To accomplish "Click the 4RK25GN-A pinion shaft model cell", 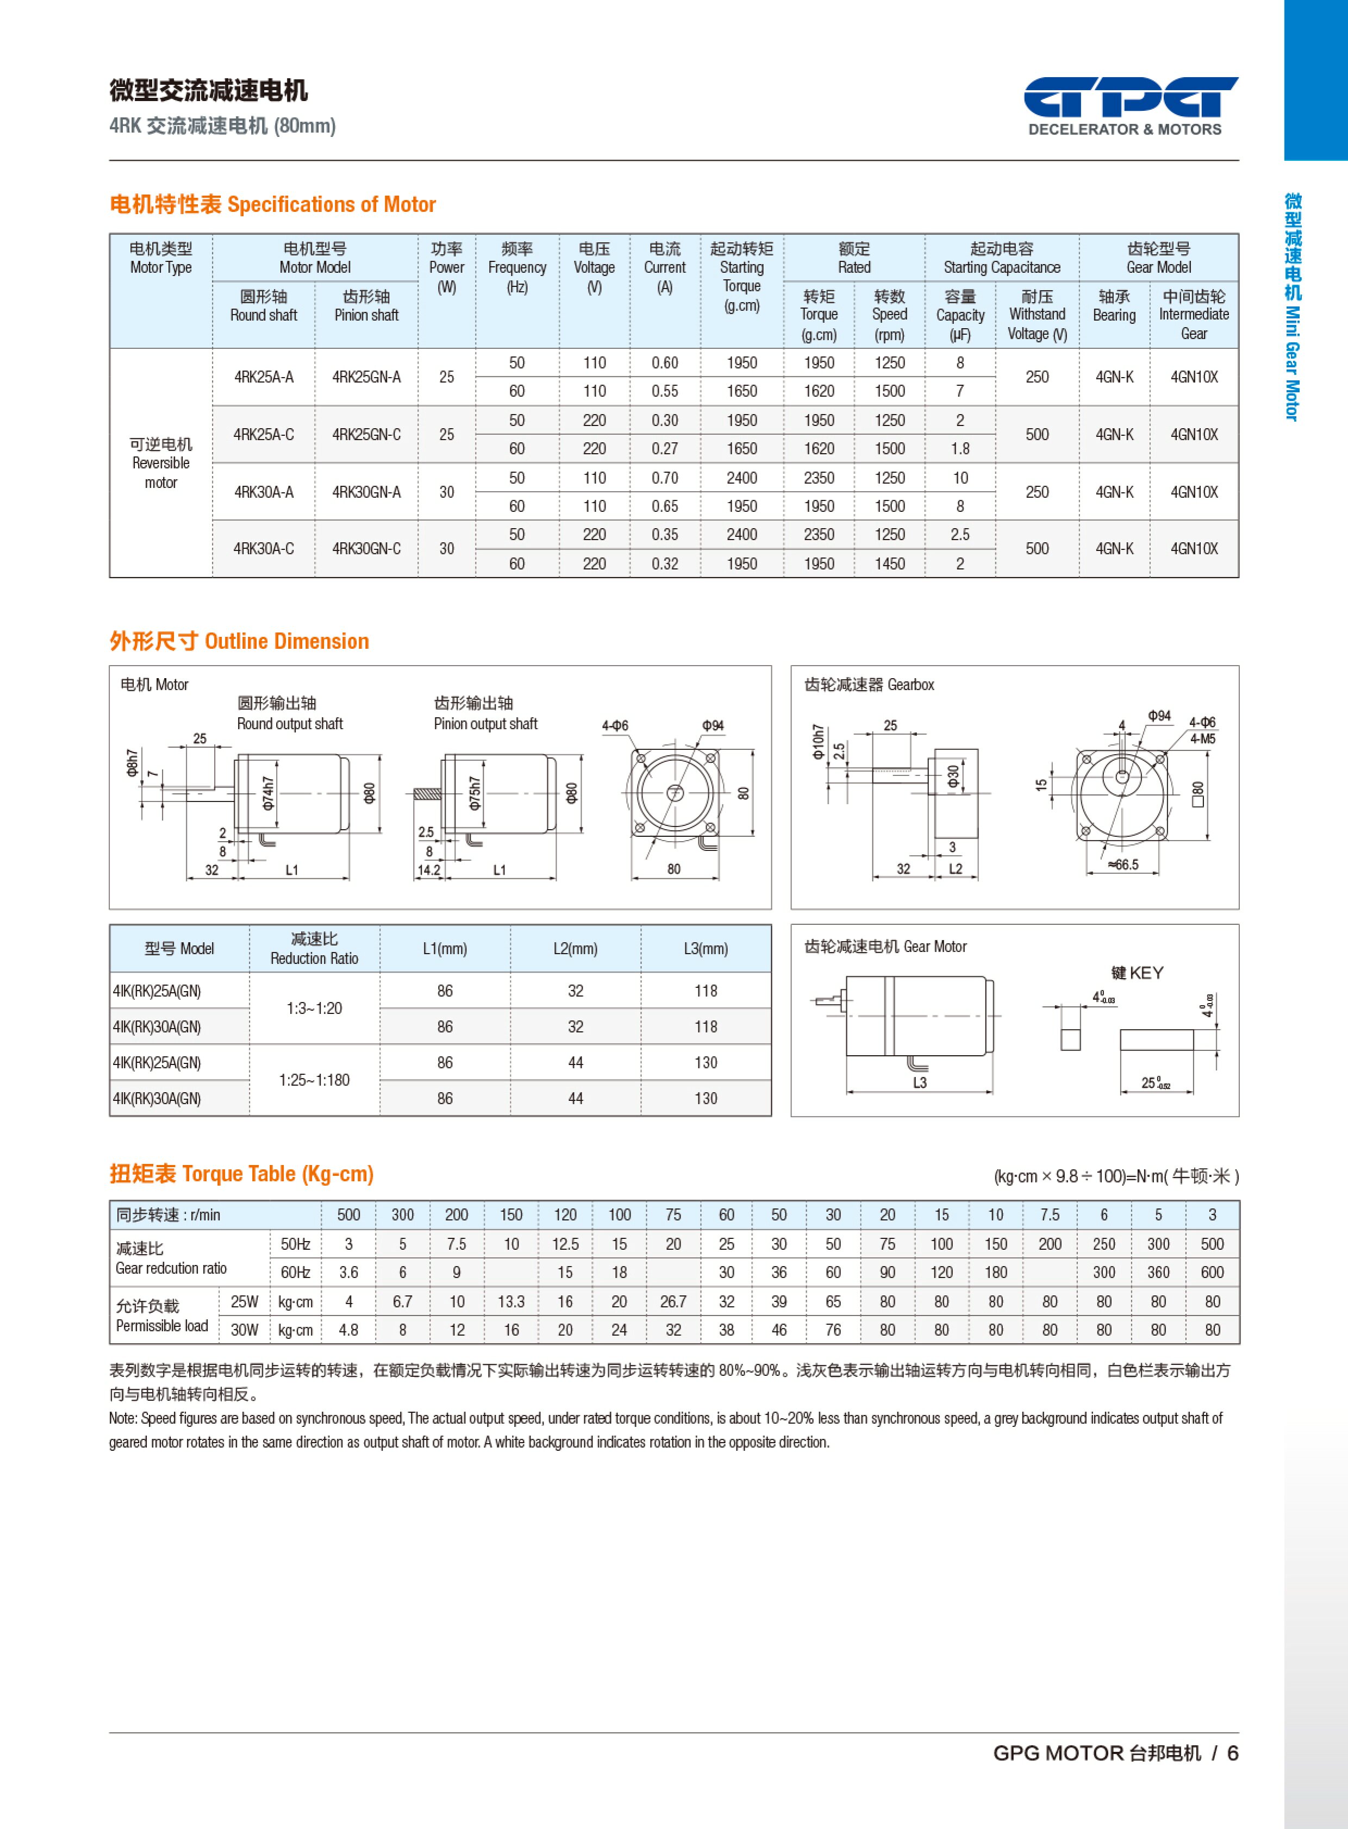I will tap(366, 377).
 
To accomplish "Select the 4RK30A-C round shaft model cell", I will tap(264, 549).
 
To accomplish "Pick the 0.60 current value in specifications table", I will tap(664, 363).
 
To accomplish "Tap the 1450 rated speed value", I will tap(889, 563).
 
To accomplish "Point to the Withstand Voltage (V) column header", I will tap(1037, 315).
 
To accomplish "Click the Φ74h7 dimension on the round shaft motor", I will tap(267, 793).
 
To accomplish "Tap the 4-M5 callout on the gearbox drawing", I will tap(1202, 739).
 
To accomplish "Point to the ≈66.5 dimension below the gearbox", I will tap(1123, 865).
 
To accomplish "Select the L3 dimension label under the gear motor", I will tap(920, 1082).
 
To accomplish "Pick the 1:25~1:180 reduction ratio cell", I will tap(314, 1080).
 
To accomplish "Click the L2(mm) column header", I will tap(575, 949).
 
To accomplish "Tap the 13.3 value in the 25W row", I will tap(511, 1302).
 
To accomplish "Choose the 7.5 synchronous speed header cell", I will tap(1050, 1214).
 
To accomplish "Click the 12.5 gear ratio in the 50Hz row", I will tap(565, 1244).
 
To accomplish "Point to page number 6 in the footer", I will tap(1232, 1753).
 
